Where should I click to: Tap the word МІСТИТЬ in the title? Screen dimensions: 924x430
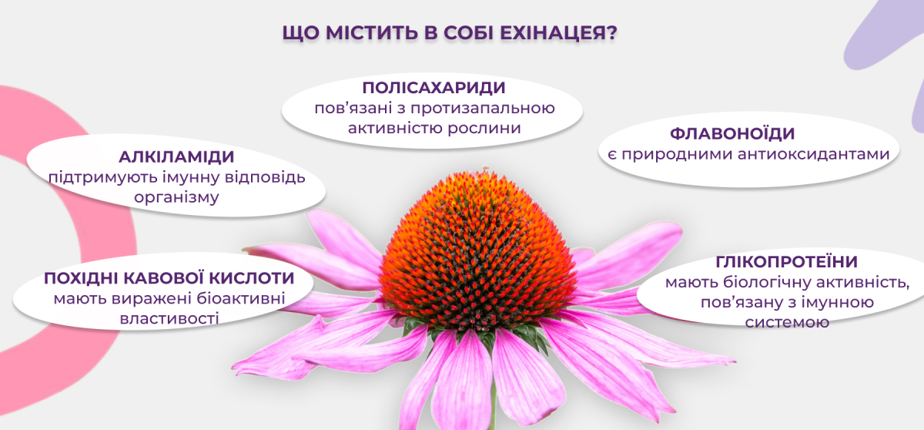[372, 33]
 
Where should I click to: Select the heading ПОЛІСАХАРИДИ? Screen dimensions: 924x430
[434, 88]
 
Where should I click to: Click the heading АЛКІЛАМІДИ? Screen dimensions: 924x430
[176, 156]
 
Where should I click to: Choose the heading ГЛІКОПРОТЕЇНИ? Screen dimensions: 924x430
[786, 262]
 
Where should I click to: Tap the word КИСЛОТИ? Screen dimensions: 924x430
[252, 278]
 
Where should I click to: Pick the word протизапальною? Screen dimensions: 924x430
[483, 109]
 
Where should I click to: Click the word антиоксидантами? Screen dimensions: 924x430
[813, 154]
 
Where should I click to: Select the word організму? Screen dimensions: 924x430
[176, 198]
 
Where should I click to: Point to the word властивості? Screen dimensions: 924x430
[169, 318]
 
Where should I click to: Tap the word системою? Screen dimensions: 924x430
[787, 322]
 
